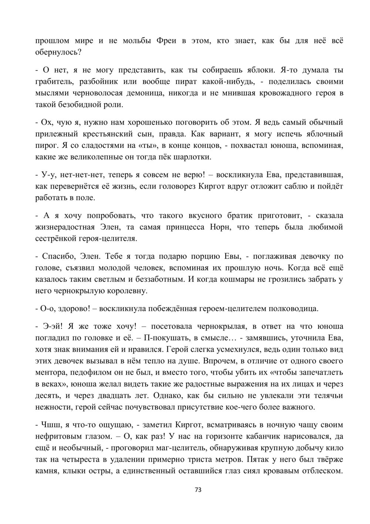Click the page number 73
(x=198, y=490)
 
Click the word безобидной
(x=78, y=105)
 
